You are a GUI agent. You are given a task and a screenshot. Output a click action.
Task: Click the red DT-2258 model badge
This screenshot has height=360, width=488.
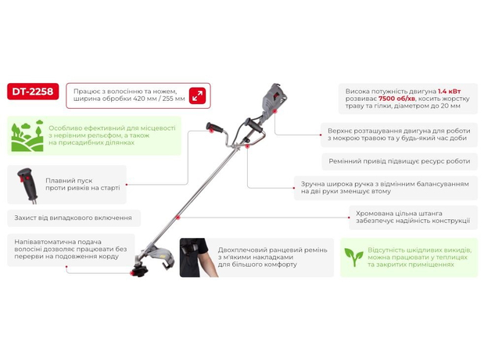[x=32, y=92]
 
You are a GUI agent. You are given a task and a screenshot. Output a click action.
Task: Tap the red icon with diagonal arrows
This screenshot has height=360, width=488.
[x=198, y=95]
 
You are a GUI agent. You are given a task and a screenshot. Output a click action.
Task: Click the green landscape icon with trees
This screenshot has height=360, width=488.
[x=27, y=136]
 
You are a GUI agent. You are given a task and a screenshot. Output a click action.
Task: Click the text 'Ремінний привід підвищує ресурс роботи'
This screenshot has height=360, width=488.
[x=398, y=161]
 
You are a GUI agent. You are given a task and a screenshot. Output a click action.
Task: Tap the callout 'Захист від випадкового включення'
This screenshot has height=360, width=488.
[x=74, y=217]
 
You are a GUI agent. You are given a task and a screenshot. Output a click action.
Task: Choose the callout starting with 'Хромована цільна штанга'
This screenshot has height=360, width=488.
[x=413, y=216]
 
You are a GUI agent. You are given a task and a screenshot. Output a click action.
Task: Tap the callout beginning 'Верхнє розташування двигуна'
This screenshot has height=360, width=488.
[x=398, y=135]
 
